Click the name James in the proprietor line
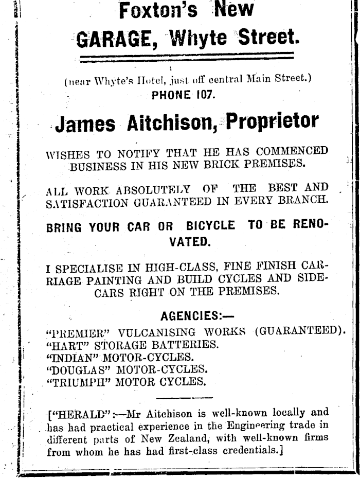coord(85,124)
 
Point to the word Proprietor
coord(273,122)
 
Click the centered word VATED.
coord(189,241)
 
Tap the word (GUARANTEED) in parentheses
coord(299,330)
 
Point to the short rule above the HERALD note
coord(184,397)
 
